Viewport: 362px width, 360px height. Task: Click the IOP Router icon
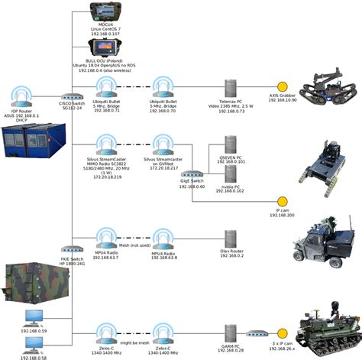click(x=24, y=96)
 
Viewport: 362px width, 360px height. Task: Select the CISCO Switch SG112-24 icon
click(x=72, y=97)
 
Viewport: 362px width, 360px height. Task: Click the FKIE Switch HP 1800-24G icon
click(x=72, y=249)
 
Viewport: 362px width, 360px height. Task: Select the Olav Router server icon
click(x=228, y=238)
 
